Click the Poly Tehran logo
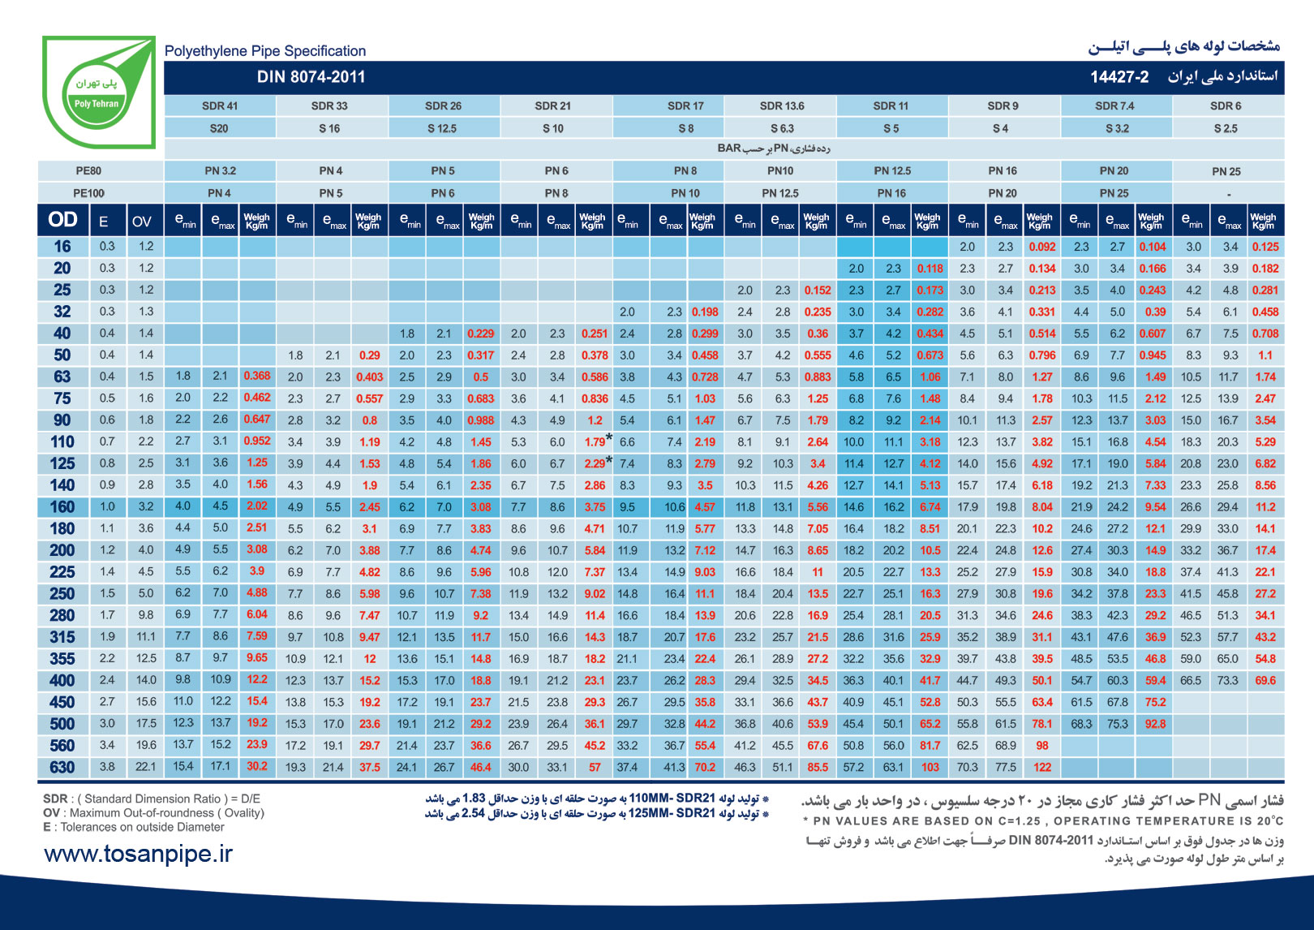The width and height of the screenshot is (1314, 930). [98, 92]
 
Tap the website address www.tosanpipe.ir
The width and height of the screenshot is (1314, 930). [138, 854]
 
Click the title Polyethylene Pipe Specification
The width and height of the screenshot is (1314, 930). [264, 51]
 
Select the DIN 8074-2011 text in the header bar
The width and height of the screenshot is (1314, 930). [311, 77]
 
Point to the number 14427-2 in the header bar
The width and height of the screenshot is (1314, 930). [1119, 77]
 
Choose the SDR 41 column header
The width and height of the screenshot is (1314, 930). [219, 105]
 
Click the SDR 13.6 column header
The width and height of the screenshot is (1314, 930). [781, 105]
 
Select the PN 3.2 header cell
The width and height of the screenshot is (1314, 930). [220, 170]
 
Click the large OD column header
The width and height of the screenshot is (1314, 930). [62, 220]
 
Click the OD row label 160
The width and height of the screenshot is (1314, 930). [62, 506]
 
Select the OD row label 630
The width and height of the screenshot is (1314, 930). [62, 767]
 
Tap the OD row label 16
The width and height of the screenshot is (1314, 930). [62, 247]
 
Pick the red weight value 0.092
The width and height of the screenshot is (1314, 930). [1041, 247]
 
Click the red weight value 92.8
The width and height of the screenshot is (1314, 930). [1155, 724]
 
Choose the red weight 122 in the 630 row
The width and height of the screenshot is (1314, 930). [1042, 767]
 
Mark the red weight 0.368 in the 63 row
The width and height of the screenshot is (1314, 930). [257, 376]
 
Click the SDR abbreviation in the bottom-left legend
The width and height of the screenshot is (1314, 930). [55, 799]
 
